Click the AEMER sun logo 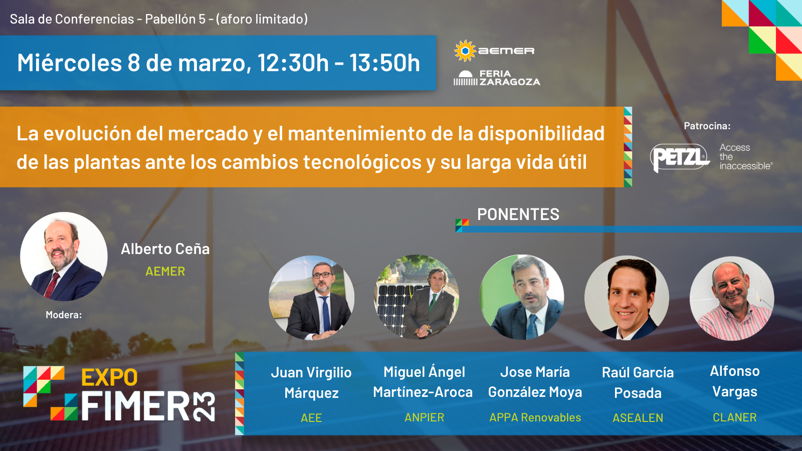click(465, 51)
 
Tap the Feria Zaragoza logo click(496, 78)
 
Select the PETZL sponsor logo click(680, 157)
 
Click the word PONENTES click(518, 214)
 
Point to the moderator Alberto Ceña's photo click(64, 256)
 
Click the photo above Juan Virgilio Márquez click(311, 298)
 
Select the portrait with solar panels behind click(417, 297)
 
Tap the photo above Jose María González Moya click(522, 297)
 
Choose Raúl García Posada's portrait click(627, 298)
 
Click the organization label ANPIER click(424, 417)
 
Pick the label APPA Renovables click(535, 417)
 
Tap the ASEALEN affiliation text click(638, 418)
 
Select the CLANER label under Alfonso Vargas click(734, 417)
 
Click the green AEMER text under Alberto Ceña click(165, 272)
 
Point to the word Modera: click(64, 315)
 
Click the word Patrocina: click(707, 126)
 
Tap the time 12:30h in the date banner click(293, 63)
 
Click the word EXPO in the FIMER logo click(109, 377)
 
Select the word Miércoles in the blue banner click(69, 63)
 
